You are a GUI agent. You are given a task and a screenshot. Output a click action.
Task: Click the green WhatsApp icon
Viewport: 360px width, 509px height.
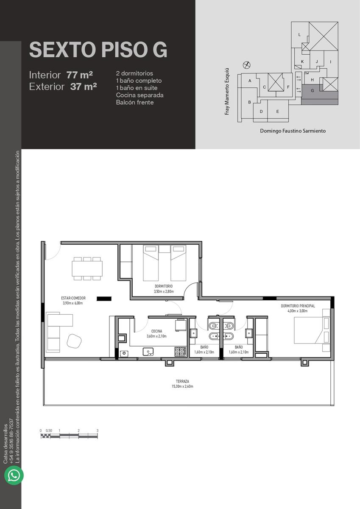point(14,475)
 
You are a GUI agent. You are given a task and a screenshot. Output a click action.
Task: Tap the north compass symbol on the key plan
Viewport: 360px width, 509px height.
point(246,65)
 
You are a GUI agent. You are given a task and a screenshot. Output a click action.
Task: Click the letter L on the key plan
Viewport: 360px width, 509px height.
point(299,35)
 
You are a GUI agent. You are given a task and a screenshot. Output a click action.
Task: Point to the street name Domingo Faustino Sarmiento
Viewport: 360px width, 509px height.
point(293,131)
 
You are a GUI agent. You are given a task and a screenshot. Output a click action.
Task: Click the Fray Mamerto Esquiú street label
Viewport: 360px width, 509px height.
point(227,91)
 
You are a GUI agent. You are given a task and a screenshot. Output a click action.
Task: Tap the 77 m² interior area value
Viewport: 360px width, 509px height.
point(79,75)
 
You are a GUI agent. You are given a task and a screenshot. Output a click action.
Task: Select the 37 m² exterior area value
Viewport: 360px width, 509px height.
point(84,87)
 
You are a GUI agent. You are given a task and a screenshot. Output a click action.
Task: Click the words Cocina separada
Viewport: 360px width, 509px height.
point(140,95)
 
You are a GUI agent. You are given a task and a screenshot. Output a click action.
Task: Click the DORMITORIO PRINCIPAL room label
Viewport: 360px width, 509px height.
point(298,306)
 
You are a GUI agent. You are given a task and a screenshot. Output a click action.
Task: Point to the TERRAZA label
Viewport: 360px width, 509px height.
point(182,381)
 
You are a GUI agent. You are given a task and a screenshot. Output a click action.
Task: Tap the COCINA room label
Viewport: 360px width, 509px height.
point(157,331)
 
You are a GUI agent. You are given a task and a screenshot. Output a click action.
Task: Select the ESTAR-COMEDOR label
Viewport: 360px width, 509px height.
point(73,298)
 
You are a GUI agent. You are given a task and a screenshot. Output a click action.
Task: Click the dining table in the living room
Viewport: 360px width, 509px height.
point(87,268)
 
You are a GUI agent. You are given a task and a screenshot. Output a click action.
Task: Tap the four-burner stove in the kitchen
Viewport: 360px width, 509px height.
point(181,352)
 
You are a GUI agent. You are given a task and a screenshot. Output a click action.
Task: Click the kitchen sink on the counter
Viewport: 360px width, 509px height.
point(148,352)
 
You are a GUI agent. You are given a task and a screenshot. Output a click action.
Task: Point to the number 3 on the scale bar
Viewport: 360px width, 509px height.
point(98,431)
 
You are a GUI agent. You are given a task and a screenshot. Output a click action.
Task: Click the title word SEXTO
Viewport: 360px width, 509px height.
point(62,50)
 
